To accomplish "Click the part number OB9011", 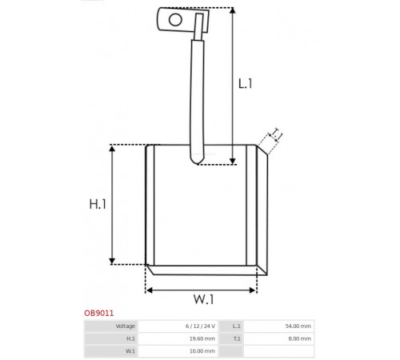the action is [x=99, y=313].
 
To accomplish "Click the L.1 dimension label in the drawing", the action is [x=245, y=84].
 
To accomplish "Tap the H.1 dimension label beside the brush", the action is [x=98, y=204].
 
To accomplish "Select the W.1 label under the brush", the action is [x=203, y=299].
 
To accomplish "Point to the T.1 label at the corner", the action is [x=276, y=134].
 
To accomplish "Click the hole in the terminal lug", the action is [x=175, y=20].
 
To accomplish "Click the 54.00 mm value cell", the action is [x=278, y=326].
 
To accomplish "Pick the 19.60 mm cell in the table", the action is [x=178, y=338].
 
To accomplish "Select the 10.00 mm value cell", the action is [x=178, y=351].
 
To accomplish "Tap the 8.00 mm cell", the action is [x=278, y=338].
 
